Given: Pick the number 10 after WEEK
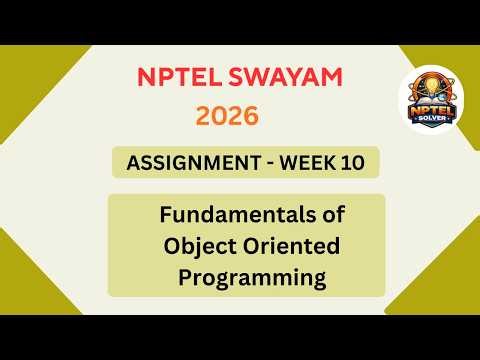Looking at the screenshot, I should point(353,162).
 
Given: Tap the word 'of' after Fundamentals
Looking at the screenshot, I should point(317,214).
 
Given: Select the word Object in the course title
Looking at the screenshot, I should point(200,245).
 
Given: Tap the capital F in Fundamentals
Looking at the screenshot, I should point(165,214).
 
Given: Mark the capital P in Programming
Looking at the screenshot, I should point(185,276).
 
